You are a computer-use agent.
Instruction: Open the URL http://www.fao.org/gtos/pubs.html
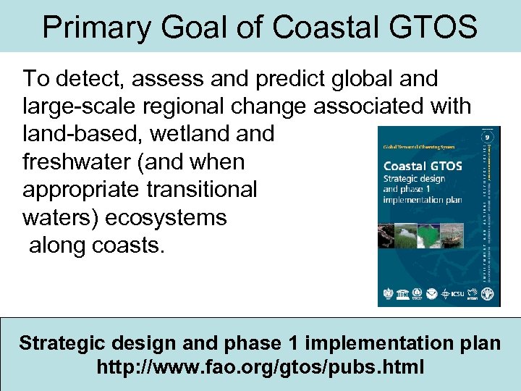260,367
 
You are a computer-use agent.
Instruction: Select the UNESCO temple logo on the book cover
389,295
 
